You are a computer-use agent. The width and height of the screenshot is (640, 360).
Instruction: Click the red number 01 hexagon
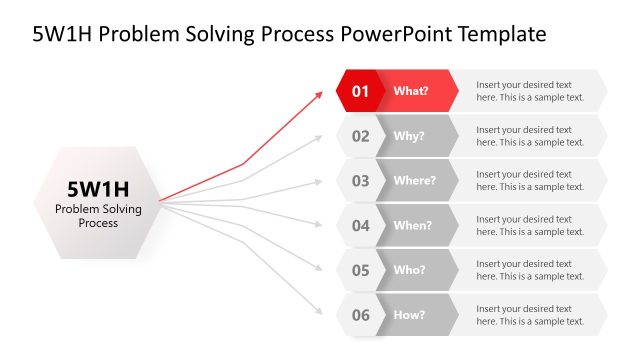coord(359,91)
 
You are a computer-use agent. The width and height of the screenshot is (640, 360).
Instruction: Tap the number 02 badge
coord(359,136)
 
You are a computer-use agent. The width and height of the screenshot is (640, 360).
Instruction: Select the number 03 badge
coord(359,181)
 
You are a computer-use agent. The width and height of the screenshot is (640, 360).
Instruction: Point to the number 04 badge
coord(359,226)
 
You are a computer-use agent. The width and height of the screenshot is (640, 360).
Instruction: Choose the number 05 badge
coord(359,270)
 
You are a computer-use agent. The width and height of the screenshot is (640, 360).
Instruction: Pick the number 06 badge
coord(359,315)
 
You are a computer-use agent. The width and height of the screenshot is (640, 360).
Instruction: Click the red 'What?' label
coord(411,91)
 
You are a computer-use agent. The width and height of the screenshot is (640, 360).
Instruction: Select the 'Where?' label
coord(414,181)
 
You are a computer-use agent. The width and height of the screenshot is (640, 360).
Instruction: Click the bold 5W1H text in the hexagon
coord(98,188)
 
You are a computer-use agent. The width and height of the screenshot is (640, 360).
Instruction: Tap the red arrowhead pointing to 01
coord(319,93)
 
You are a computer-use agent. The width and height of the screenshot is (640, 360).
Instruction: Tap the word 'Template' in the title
coord(503,34)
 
